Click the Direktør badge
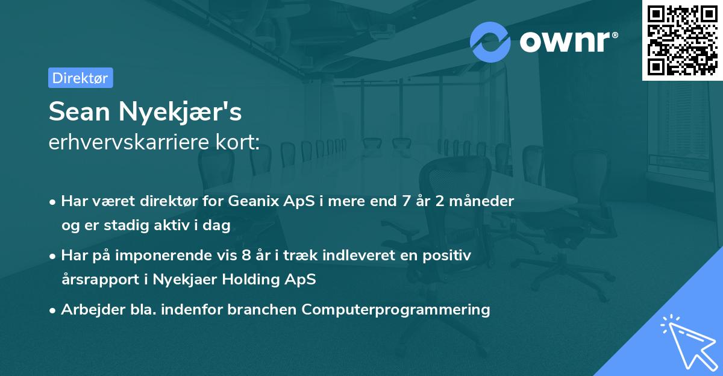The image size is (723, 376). pos(80,78)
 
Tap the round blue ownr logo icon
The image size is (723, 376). pos(490,42)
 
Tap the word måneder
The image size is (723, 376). pos(486,201)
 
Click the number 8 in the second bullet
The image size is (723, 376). pos(246,255)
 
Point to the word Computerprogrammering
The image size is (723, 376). pos(396,310)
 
